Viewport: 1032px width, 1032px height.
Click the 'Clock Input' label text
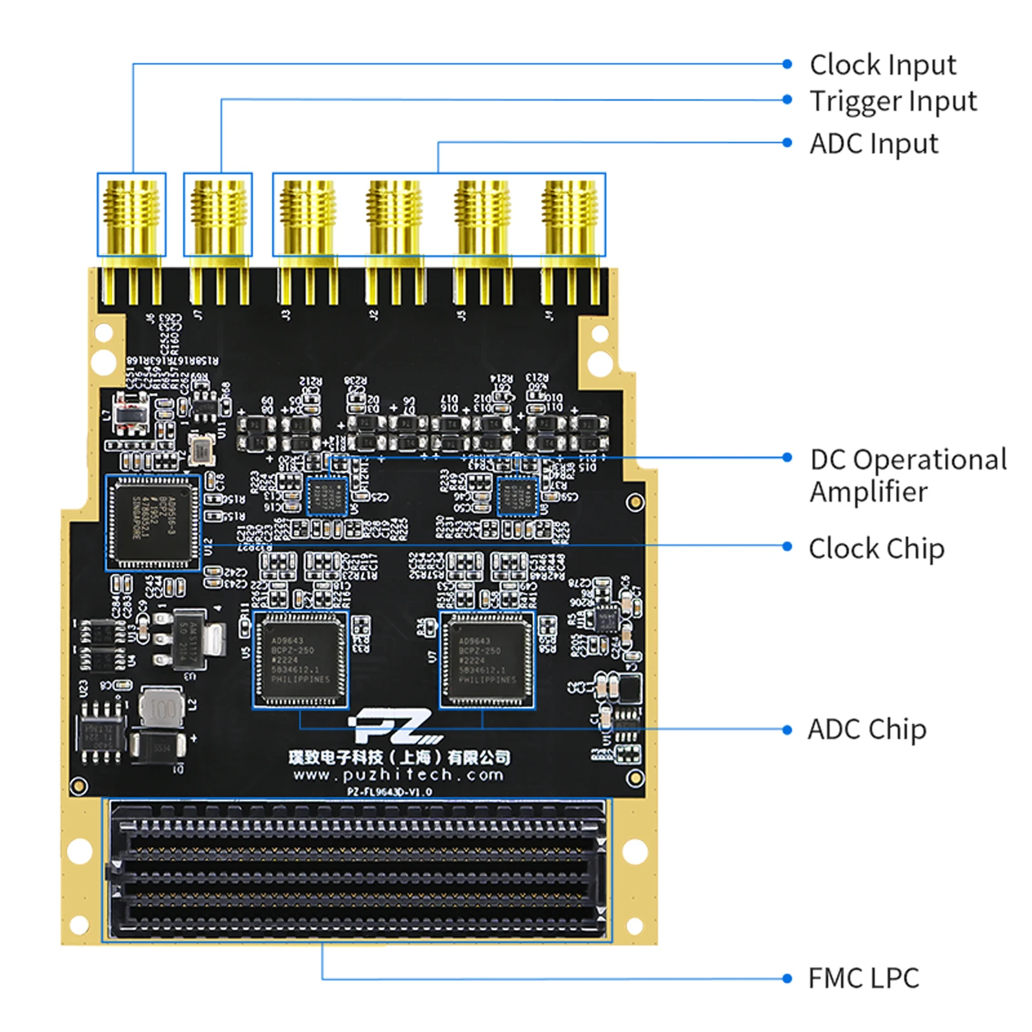[x=882, y=65]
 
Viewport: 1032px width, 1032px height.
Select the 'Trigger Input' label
[x=893, y=101]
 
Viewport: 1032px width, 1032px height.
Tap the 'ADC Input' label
[x=873, y=143]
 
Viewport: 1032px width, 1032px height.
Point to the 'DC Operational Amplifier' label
[x=908, y=475]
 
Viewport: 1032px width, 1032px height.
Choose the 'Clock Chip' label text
[x=876, y=549]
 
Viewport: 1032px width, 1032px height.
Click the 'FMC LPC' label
[x=863, y=978]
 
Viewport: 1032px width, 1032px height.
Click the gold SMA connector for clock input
[x=132, y=215]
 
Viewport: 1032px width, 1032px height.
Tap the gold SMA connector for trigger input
[x=218, y=215]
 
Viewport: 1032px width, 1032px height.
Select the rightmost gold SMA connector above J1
[x=570, y=215]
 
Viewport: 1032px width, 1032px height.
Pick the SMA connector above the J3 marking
[x=307, y=215]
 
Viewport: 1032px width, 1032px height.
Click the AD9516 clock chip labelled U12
[x=153, y=522]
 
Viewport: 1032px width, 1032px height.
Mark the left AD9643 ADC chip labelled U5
[x=300, y=660]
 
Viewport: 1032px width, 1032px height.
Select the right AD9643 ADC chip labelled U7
[x=487, y=660]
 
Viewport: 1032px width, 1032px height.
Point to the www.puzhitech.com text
[x=398, y=775]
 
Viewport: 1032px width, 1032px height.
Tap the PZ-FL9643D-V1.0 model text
[x=390, y=792]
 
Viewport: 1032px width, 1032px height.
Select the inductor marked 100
[x=162, y=709]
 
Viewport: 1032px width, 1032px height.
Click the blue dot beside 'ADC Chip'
[x=787, y=730]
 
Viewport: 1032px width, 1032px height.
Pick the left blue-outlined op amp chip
[x=326, y=497]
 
